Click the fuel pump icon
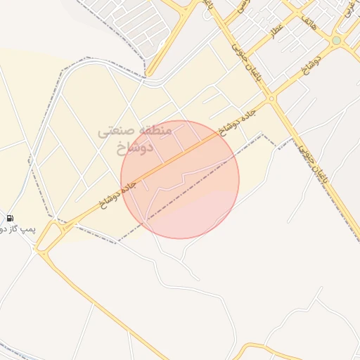point(11,218)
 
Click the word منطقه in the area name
point(155,131)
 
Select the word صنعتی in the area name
point(115,131)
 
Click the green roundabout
point(337,41)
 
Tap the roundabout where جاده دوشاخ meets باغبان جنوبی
point(271,100)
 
